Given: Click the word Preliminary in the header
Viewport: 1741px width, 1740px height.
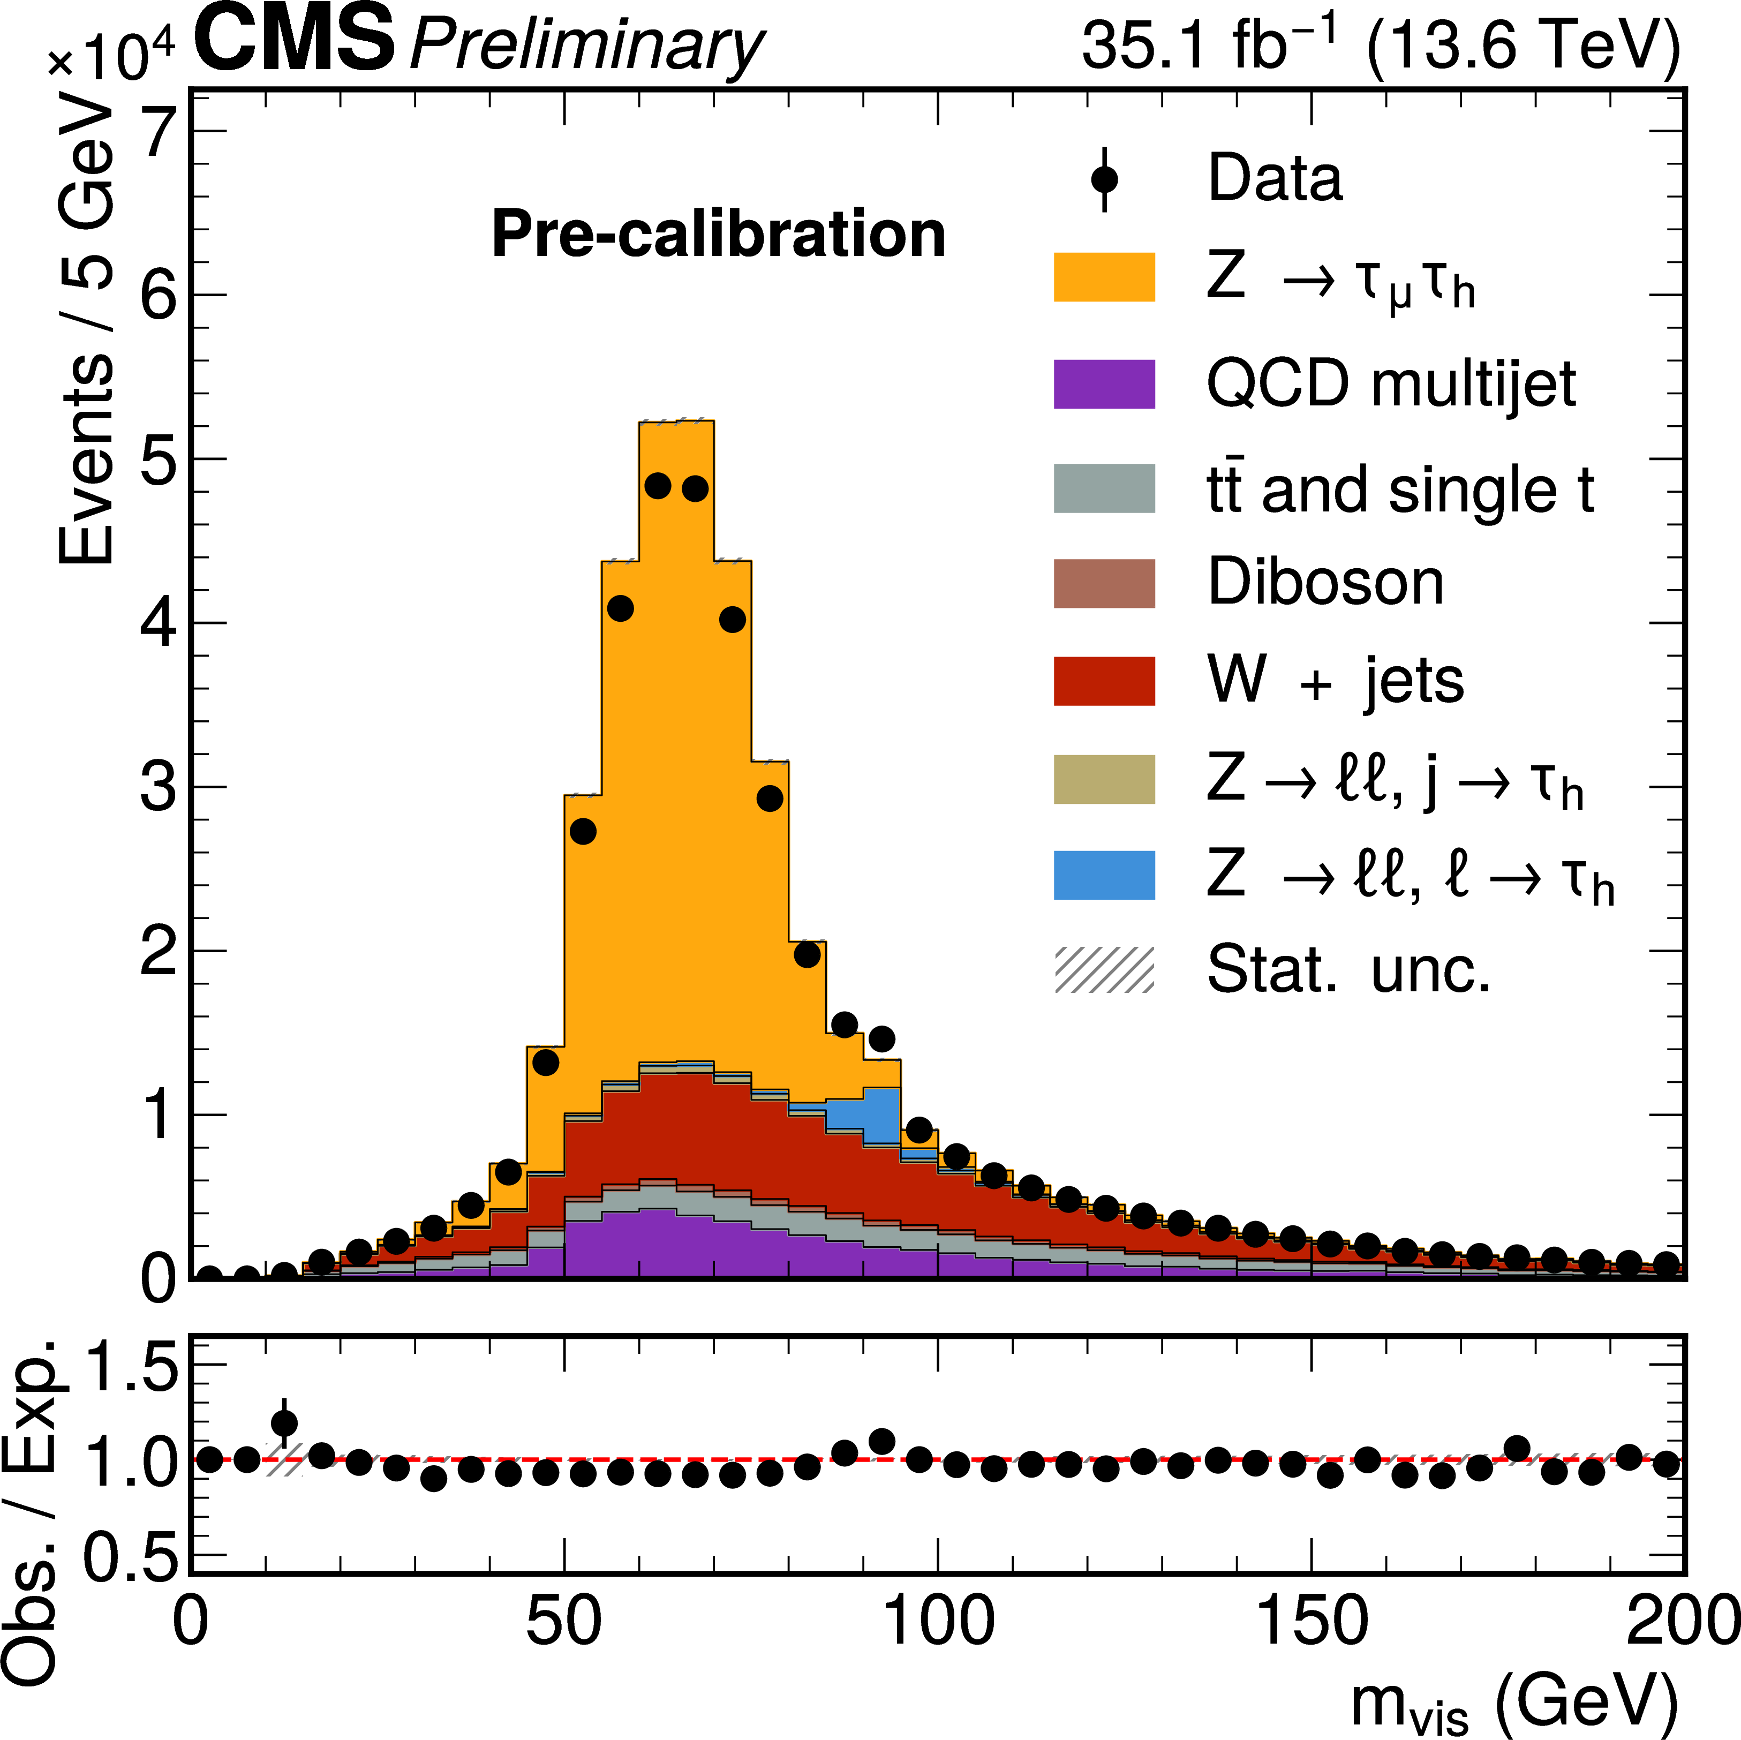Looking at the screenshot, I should tap(586, 45).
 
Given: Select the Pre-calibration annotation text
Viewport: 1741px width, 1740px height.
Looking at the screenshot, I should tap(718, 234).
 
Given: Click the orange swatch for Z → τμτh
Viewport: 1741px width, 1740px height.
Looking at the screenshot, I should tap(1104, 277).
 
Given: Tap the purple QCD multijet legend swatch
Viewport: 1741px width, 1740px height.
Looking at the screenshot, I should tap(1104, 384).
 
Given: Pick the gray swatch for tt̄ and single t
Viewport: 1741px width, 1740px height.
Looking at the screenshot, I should tap(1104, 488).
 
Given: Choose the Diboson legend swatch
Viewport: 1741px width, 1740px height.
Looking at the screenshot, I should tap(1104, 583).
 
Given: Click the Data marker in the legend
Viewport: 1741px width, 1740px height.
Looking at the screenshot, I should tap(1104, 179).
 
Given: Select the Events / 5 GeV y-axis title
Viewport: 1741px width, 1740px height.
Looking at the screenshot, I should tap(86, 334).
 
